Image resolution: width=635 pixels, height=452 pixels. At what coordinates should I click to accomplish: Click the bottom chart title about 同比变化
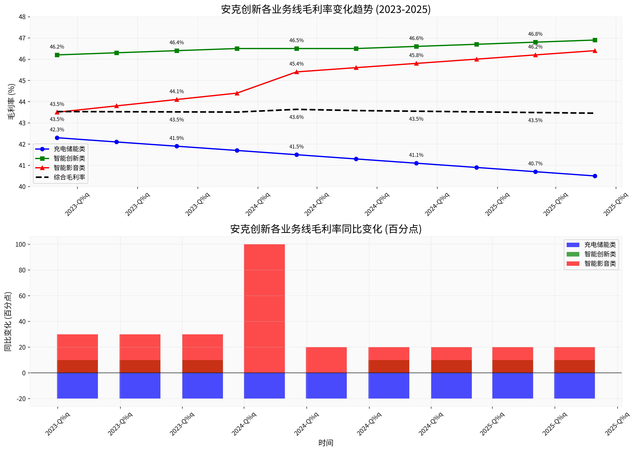coord(326,229)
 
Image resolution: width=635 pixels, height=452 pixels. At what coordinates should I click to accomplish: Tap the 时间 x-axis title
coord(326,443)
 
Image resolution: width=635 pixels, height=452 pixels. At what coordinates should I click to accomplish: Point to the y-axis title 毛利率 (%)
coord(11,102)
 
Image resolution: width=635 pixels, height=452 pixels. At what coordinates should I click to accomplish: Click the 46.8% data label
coord(535,34)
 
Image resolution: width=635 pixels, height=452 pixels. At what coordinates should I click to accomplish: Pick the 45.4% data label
coord(296,64)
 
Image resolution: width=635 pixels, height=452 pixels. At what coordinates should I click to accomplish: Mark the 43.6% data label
coord(296,117)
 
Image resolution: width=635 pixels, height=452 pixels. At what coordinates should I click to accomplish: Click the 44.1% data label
coord(176,91)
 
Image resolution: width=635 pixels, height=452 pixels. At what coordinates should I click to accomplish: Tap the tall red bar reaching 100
coord(264,308)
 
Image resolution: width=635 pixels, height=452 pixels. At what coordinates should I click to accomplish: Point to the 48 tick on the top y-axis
coord(22,17)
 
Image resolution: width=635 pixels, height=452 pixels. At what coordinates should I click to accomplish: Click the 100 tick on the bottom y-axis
coord(20,244)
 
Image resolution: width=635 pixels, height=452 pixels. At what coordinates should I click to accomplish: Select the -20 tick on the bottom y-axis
coord(21,399)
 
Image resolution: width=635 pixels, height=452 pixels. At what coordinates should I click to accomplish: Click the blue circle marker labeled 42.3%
coord(57,138)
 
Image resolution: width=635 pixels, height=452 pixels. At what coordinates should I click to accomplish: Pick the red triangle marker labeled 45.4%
coord(297,72)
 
